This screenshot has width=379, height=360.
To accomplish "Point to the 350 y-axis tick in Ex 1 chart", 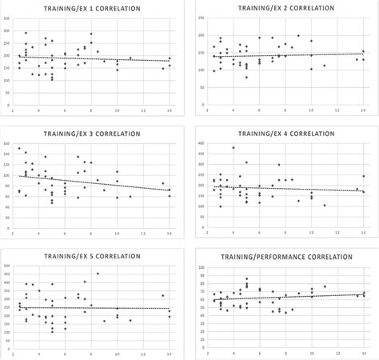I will [6, 18].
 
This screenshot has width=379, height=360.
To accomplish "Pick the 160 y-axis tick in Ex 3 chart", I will [6, 142].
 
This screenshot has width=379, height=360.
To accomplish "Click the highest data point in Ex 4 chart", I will [233, 147].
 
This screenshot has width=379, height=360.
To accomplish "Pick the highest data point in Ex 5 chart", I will [98, 274].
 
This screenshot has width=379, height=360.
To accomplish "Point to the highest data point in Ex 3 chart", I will [19, 149].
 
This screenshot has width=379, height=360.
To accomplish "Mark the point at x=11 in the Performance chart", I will [324, 286].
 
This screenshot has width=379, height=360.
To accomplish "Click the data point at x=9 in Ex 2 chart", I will [298, 36].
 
